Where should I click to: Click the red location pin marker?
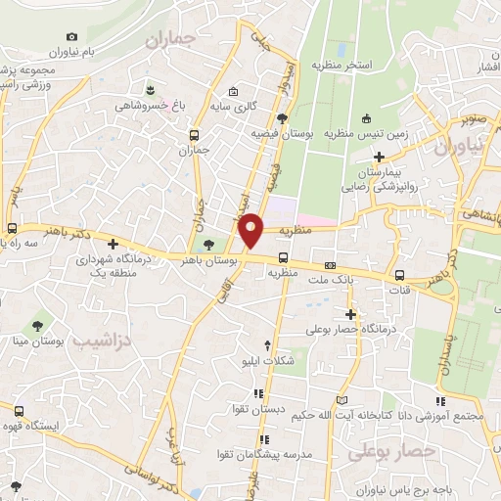click(x=251, y=229)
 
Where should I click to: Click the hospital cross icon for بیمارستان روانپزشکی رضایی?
click(x=378, y=157)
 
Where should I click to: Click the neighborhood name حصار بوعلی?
click(x=390, y=451)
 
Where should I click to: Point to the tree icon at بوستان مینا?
click(x=37, y=326)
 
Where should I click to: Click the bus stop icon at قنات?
click(x=399, y=276)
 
